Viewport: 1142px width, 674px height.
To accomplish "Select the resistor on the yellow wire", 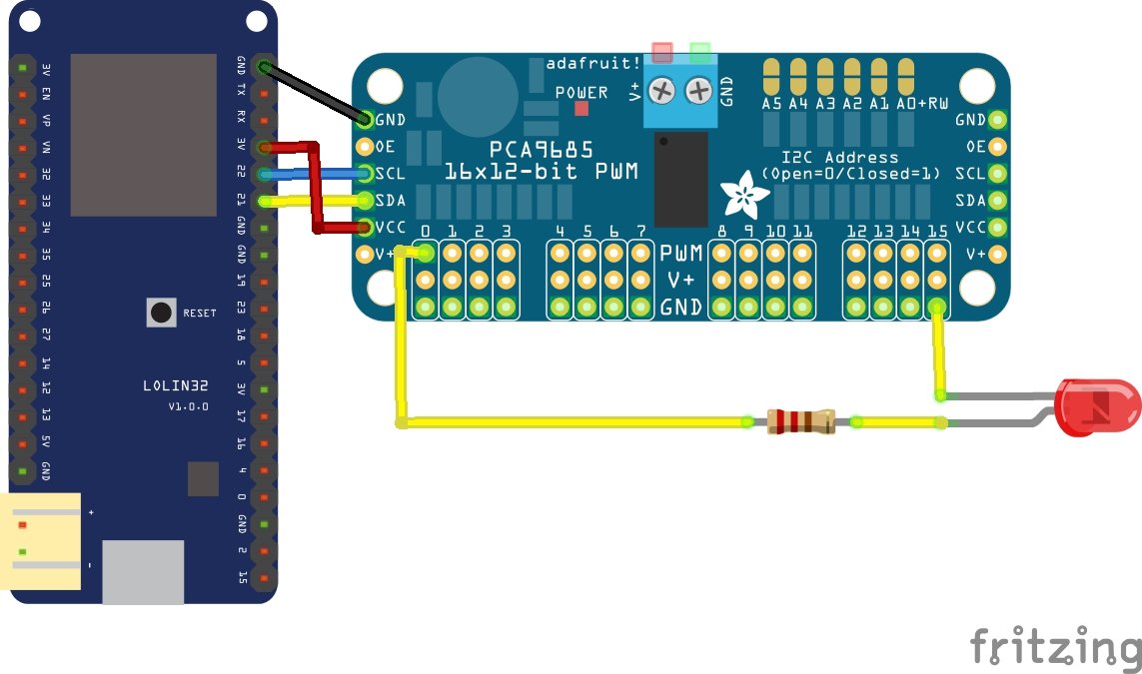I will pos(800,422).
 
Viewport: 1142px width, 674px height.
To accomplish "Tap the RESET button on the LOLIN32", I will pos(161,313).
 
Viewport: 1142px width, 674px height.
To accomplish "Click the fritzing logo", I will pos(1054,647).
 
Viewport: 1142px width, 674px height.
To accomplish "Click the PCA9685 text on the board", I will pos(541,149).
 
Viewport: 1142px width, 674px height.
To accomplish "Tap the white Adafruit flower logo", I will pos(745,196).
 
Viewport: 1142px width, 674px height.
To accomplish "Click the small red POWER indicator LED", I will pos(581,109).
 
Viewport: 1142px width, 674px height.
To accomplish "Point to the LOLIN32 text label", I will pos(176,385).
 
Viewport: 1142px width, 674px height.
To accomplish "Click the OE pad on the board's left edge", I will pos(365,146).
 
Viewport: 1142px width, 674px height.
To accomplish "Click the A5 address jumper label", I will pos(771,103).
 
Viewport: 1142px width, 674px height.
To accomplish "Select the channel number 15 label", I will pos(936,232).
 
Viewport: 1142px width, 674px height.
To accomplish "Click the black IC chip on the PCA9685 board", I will pos(681,179).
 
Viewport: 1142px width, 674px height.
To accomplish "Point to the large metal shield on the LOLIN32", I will pos(143,134).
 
